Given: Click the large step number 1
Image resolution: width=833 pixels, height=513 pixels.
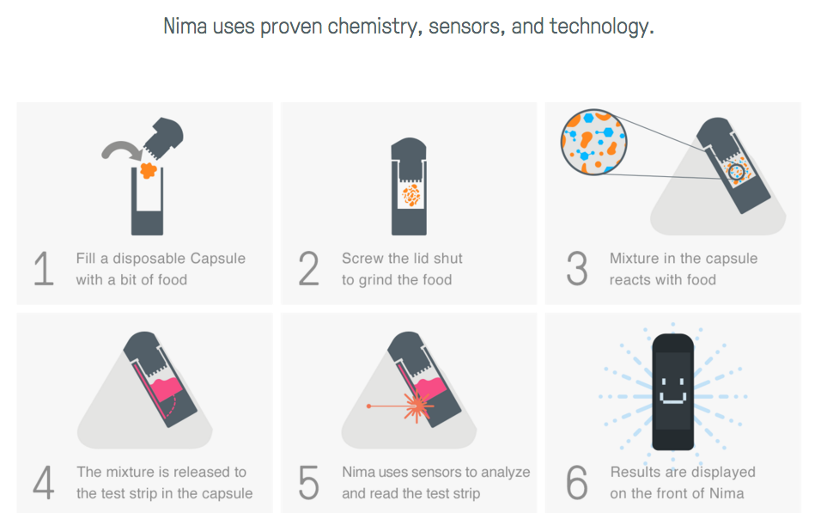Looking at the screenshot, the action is coord(44,268).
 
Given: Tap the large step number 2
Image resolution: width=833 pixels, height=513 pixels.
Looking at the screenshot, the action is coord(308,268).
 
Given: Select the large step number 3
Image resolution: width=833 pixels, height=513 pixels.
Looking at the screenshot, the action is coord(577,268).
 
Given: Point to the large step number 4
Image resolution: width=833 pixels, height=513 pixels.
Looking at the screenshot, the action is coord(44,483).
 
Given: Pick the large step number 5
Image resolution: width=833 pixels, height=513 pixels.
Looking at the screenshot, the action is coord(308,483).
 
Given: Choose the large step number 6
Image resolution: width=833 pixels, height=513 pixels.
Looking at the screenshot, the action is coord(577,483).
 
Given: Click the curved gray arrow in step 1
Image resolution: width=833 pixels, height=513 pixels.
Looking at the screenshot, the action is coord(121,149).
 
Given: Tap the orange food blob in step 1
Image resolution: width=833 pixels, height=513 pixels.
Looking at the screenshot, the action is coord(149,170).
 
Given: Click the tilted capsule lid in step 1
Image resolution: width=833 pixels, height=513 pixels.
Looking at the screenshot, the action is coord(163,137).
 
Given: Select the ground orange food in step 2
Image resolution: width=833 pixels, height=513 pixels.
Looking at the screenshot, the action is coord(410,195).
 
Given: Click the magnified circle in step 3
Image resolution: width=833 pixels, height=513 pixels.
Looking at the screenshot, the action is coord(594,142).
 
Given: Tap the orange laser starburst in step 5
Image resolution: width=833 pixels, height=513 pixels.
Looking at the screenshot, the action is coord(418,406).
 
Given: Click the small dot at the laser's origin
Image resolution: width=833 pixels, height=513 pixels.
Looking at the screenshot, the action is coord(368,406).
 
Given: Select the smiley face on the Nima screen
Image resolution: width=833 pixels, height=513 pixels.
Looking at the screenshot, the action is coord(672,391).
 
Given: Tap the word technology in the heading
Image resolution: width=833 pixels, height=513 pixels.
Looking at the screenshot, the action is coord(601,26).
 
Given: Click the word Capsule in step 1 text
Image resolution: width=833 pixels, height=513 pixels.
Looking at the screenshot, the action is coord(218,259).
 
